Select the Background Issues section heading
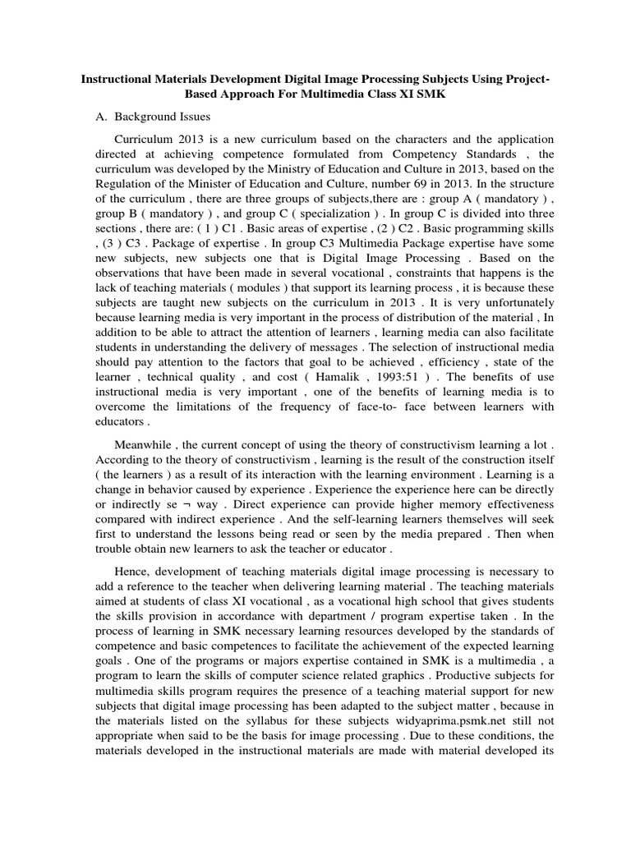tap(163, 117)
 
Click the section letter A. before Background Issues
tap(103, 117)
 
